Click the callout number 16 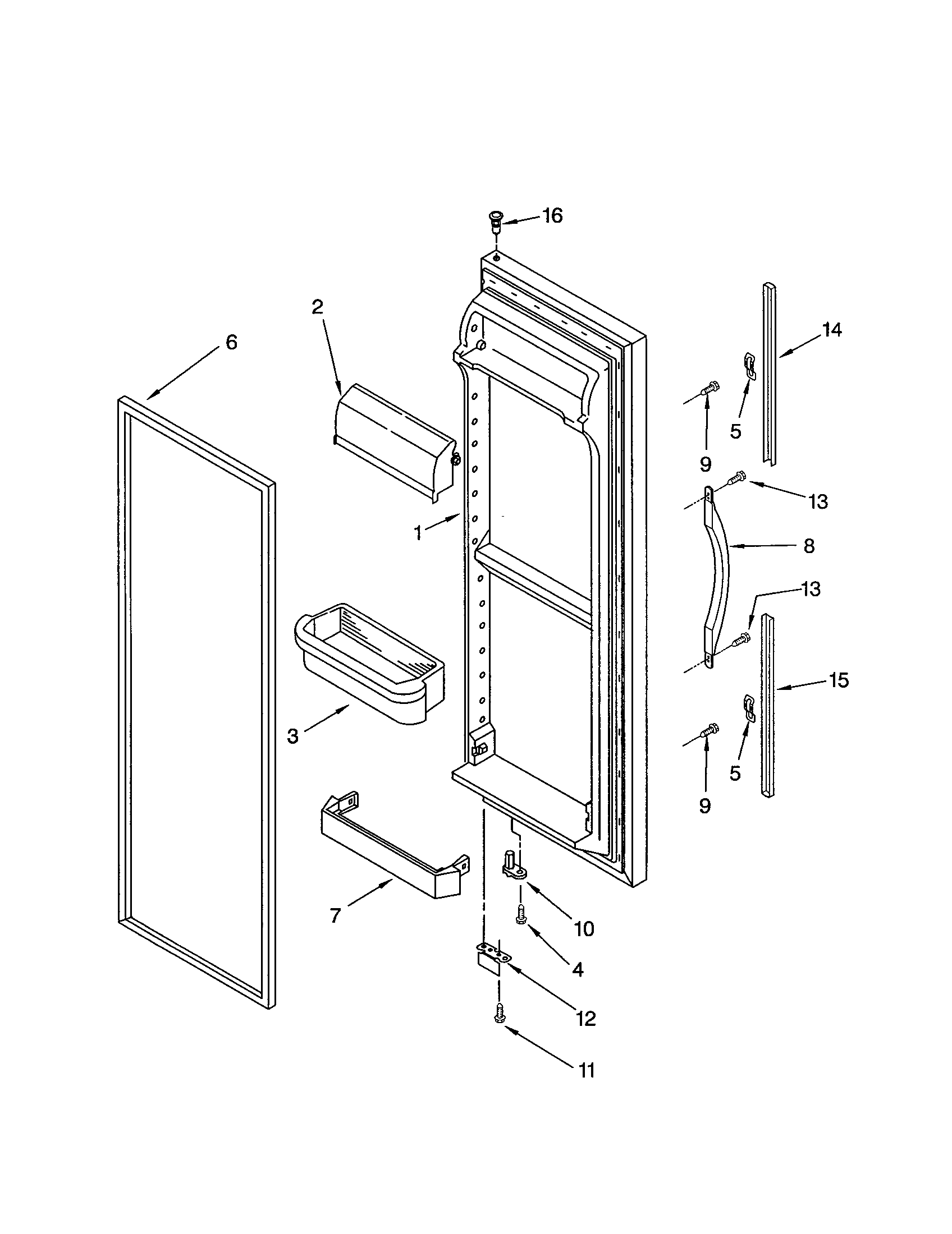pyautogui.click(x=552, y=216)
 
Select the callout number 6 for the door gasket pyautogui.click(x=232, y=342)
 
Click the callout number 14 pyautogui.click(x=832, y=329)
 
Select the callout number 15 pyautogui.click(x=839, y=680)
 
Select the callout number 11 pyautogui.click(x=586, y=1070)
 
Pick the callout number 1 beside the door pyautogui.click(x=418, y=533)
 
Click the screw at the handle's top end pyautogui.click(x=736, y=478)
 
